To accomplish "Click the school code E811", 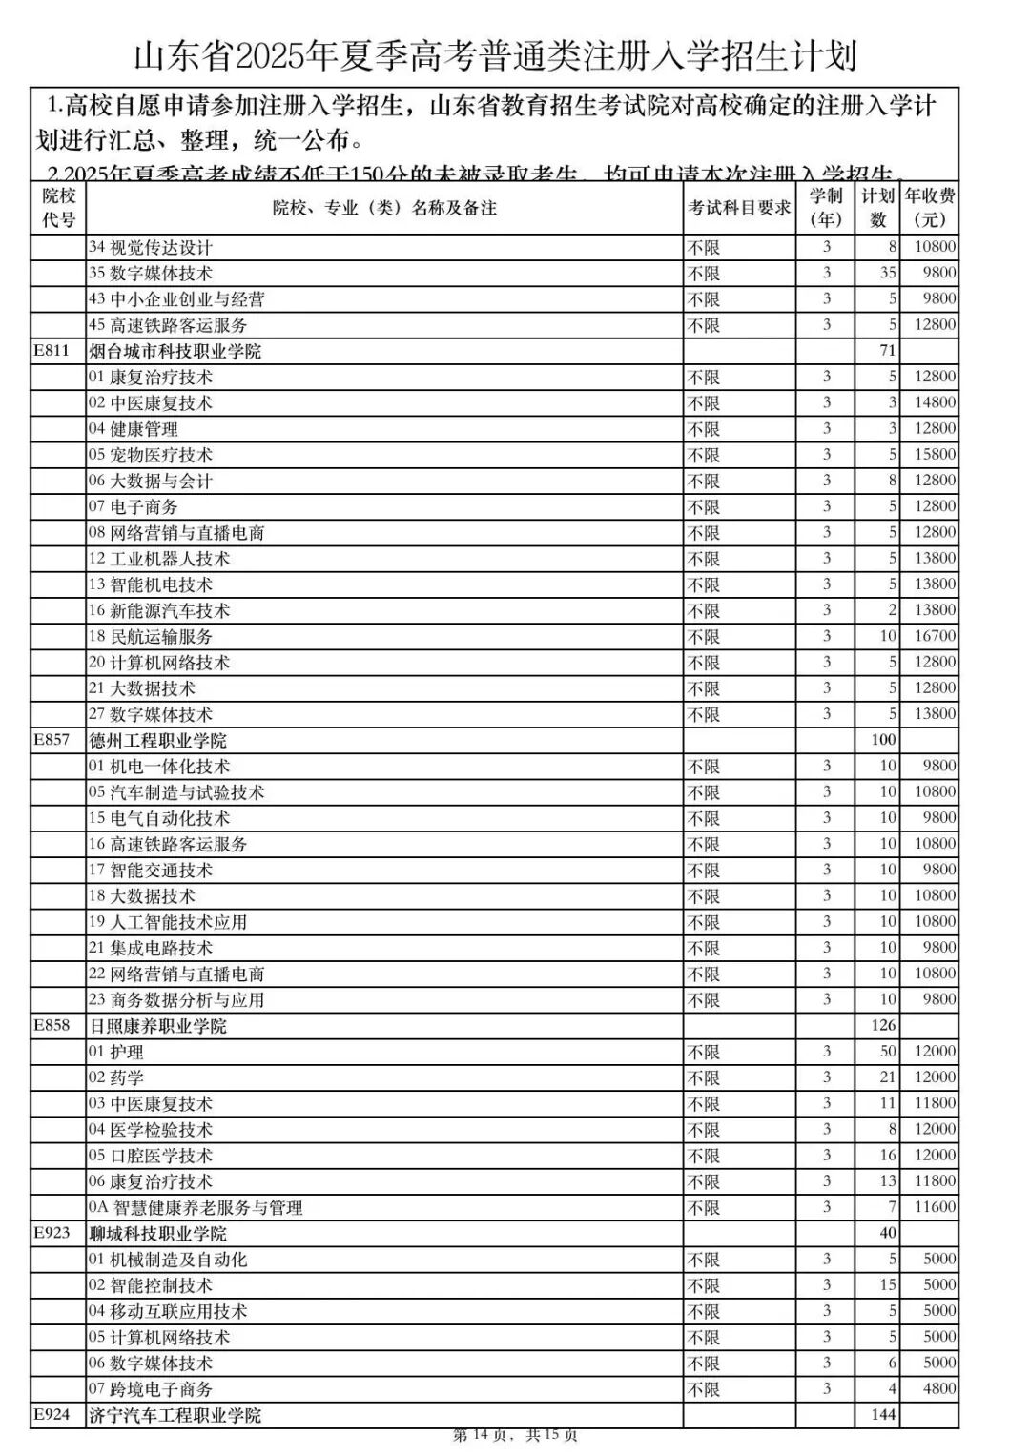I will coord(51,350).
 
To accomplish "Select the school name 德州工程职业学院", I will coord(157,740).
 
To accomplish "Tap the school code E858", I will coord(51,1025).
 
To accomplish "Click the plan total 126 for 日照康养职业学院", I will coord(883,1025).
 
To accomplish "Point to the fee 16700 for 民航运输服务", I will coord(935,636).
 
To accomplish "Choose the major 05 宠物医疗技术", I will coord(151,455).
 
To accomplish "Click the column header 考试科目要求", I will coord(739,208).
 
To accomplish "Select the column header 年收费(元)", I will coord(930,208).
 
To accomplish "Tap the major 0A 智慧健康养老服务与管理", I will coord(196,1207).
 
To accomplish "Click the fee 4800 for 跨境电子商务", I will coord(938,1388).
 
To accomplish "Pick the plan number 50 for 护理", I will coord(887,1051).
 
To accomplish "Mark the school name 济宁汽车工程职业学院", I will coord(175,1415).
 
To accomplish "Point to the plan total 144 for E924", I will coord(883,1414).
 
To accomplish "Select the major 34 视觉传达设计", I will coord(151,247).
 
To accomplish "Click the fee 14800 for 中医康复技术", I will coord(935,402).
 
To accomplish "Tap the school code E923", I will coord(51,1232).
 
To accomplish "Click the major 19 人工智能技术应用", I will coord(168,922).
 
